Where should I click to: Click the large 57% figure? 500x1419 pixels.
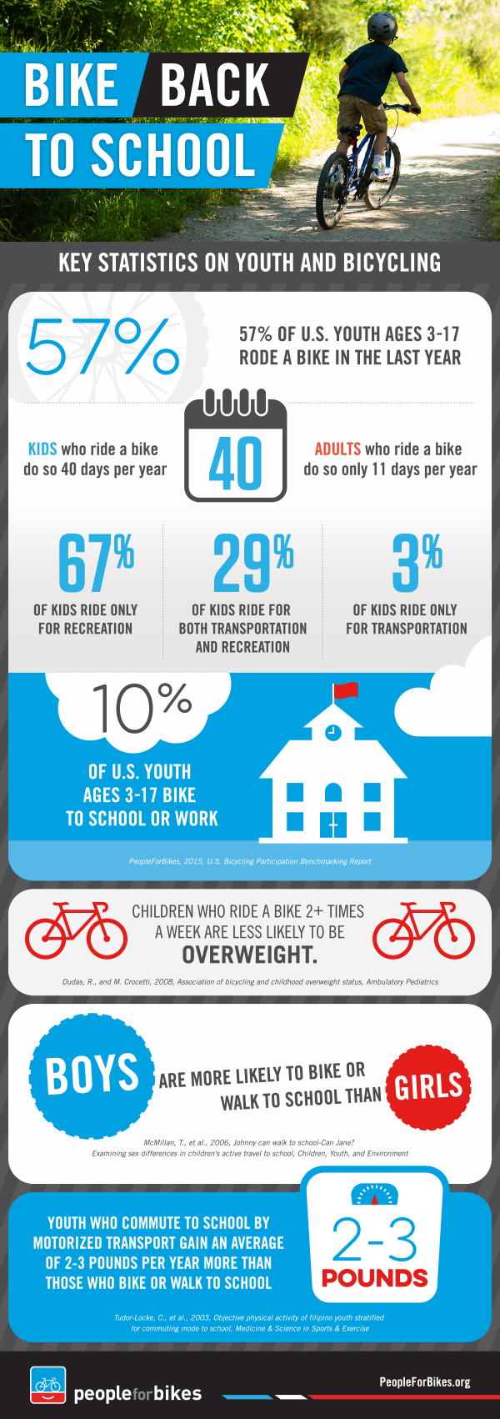point(103,346)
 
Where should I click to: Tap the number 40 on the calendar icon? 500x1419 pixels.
point(235,464)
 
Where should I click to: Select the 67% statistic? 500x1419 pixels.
point(96,563)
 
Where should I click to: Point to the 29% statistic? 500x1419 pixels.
point(252,563)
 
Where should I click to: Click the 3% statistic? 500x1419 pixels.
point(417,563)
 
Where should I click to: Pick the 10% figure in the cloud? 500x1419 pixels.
point(142,708)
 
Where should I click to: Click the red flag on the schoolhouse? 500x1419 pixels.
point(345,690)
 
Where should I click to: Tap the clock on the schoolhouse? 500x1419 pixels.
point(332,733)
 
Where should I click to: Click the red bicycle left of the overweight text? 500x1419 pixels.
point(76,929)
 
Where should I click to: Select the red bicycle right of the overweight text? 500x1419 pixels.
point(423,929)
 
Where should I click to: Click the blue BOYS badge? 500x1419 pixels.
point(92,1075)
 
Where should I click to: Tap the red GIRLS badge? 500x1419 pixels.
point(428,1086)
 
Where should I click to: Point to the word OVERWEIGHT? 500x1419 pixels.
point(250,955)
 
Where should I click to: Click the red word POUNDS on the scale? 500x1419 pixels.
point(375,1278)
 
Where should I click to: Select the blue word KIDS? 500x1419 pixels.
point(42,449)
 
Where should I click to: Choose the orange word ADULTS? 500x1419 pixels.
point(337,449)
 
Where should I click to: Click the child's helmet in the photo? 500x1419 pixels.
point(382,26)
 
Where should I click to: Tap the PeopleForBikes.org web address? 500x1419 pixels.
point(424,1381)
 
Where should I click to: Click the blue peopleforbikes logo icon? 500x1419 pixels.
point(47,1385)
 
